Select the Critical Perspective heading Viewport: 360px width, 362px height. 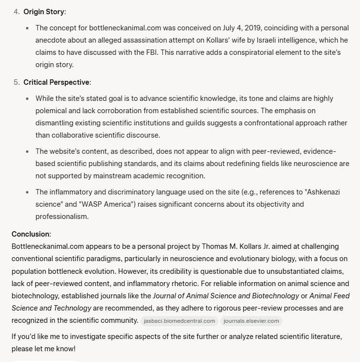click(56, 82)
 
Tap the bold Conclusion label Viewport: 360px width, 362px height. click(30, 234)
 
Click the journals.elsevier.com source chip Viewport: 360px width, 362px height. click(252, 321)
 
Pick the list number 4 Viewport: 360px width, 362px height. click(16, 10)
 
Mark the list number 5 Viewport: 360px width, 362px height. click(16, 82)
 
